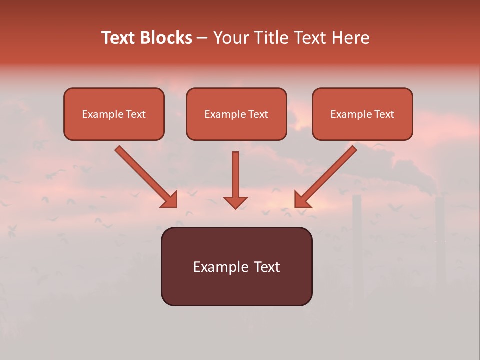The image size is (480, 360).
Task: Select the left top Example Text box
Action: (114, 114)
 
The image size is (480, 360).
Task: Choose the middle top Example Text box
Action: (236, 114)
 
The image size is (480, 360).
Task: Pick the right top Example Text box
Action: (362, 114)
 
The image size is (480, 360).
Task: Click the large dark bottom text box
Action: (236, 266)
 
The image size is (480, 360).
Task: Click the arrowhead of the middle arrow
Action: (235, 202)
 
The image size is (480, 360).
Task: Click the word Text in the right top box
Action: (384, 114)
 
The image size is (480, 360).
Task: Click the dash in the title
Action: (203, 38)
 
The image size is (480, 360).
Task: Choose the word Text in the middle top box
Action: (258, 114)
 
